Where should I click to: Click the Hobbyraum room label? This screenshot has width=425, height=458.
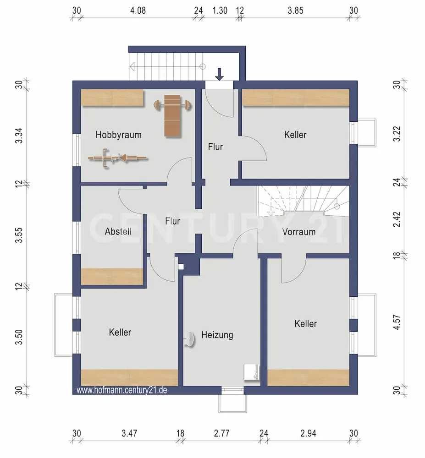tap(118, 135)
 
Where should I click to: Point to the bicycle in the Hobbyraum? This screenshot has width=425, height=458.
tap(118, 158)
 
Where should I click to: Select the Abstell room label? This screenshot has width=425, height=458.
tap(118, 232)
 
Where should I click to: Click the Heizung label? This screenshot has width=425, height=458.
tap(217, 335)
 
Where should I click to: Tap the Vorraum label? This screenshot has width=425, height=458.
tap(299, 232)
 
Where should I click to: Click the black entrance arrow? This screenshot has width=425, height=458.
tap(219, 74)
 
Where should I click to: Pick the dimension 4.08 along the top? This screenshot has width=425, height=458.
tap(138, 11)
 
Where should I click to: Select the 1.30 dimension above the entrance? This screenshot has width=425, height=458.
tap(220, 11)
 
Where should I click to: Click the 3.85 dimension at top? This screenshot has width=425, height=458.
tap(296, 11)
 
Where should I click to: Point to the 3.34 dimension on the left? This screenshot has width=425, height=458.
tap(19, 136)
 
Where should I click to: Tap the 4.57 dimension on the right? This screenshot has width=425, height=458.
tap(397, 322)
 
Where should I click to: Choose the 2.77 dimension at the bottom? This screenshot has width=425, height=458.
tap(221, 433)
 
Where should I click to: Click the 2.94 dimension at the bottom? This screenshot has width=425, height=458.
tap(308, 433)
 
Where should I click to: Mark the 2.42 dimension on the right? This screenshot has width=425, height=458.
tap(397, 219)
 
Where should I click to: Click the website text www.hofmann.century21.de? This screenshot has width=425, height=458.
tap(122, 390)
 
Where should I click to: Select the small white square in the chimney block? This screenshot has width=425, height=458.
tap(181, 267)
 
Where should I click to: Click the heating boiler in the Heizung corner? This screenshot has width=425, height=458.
tap(251, 372)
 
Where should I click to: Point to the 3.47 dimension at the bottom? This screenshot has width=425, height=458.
tap(129, 433)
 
